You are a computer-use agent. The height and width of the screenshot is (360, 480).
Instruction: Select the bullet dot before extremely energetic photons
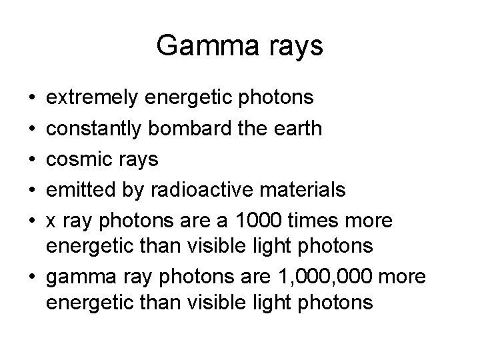(33, 99)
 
